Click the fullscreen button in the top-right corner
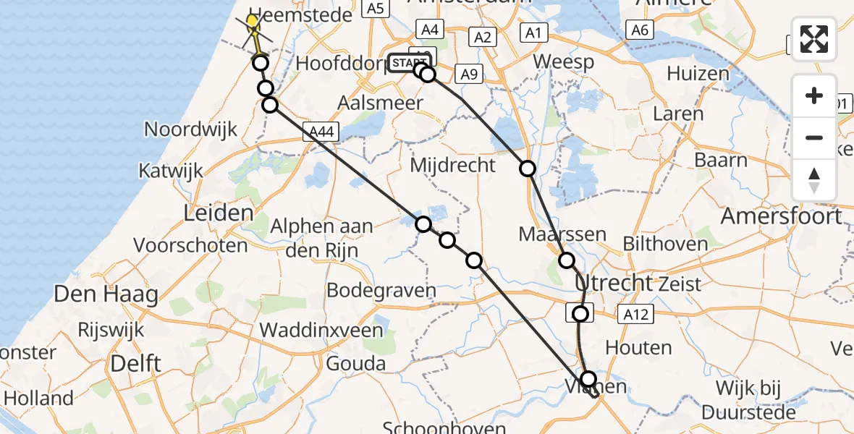coord(814,39)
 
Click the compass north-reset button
coord(814,180)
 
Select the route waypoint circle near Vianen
coord(588,379)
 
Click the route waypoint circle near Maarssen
coord(567,260)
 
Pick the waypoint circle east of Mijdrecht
coord(528,169)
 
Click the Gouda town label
coord(355,363)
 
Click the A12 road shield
coord(635,313)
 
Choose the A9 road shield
coord(470,74)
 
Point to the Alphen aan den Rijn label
coord(322,237)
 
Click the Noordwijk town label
coord(191,130)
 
